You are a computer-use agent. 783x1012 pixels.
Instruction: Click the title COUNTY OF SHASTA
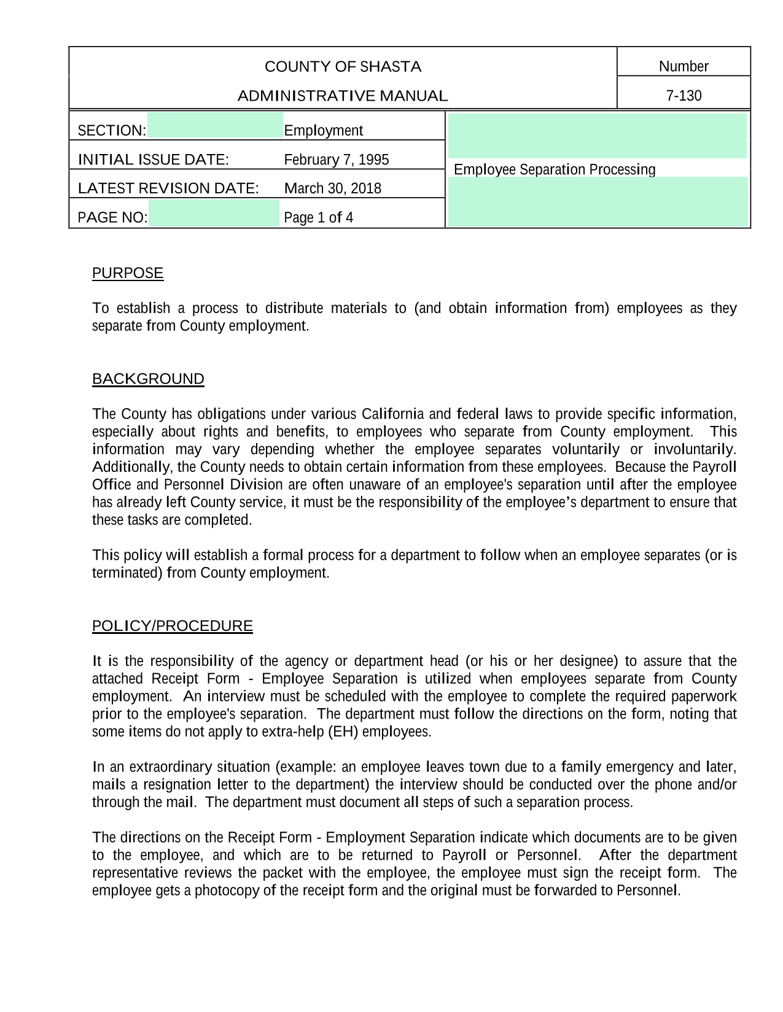point(343,67)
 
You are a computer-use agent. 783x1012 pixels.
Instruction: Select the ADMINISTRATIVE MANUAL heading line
point(343,96)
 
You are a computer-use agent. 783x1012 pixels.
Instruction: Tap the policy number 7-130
point(684,96)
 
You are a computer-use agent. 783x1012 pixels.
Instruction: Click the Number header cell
point(684,66)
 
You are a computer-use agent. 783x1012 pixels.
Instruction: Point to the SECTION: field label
point(112,131)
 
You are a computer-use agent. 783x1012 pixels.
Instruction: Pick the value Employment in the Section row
point(323,131)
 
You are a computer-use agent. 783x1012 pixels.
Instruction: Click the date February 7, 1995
point(336,160)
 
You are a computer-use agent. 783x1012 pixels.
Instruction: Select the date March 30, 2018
point(332,188)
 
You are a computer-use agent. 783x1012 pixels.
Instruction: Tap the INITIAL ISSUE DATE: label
point(154,160)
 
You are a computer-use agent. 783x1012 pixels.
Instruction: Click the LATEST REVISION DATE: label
point(168,188)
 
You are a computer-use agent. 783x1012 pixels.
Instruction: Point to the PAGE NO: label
point(112,218)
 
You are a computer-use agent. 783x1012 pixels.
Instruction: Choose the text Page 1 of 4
point(318,218)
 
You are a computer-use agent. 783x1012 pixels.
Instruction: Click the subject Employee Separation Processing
point(555,169)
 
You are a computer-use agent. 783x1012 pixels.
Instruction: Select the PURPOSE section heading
point(128,273)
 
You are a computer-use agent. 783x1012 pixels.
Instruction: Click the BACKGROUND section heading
point(148,379)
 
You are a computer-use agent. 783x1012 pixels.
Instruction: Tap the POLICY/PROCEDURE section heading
point(173,626)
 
